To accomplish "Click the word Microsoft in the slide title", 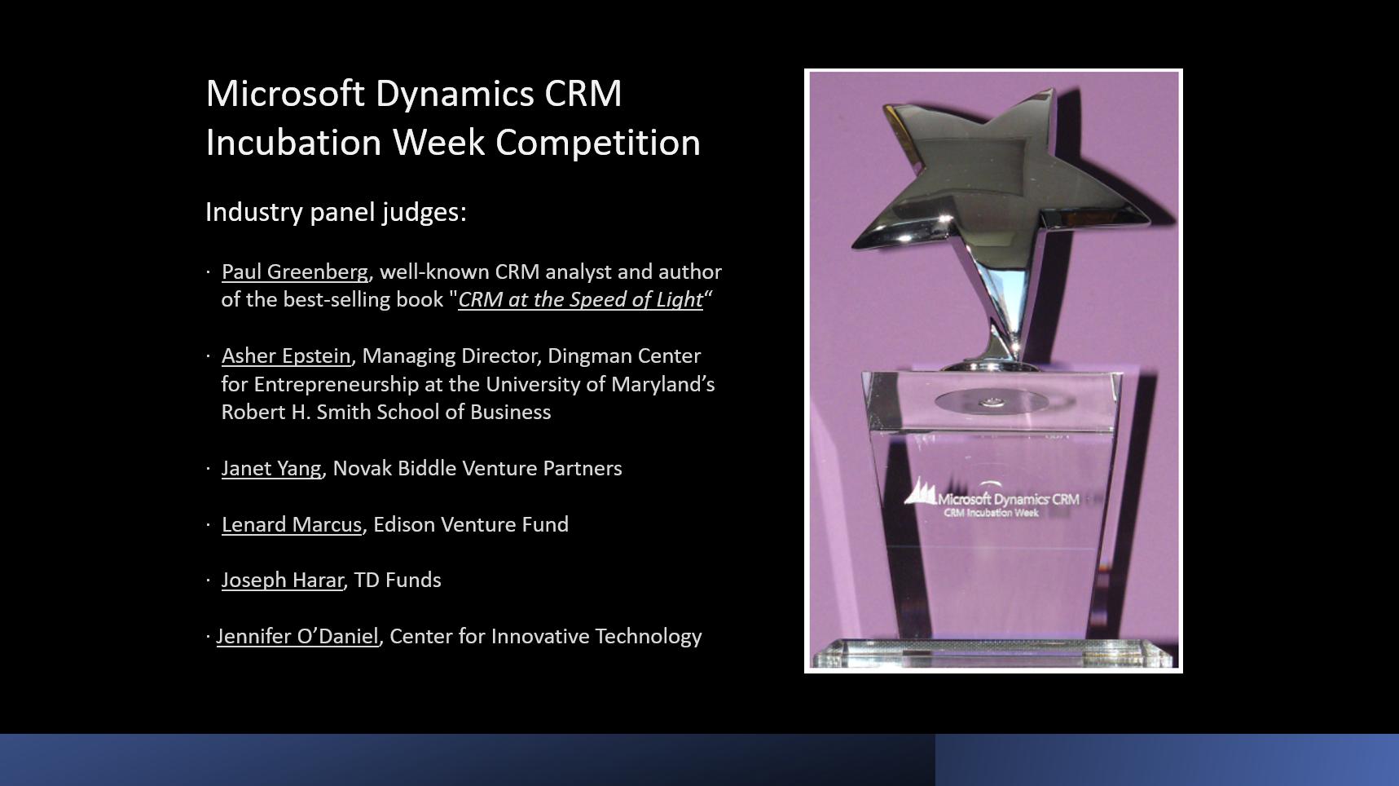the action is pyautogui.click(x=285, y=93).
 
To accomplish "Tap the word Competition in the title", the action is pyautogui.click(x=598, y=143).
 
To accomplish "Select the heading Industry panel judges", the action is pyautogui.click(x=336, y=212).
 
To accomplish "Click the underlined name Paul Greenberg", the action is pyautogui.click(x=295, y=272).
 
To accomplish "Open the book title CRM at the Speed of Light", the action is pyautogui.click(x=580, y=300).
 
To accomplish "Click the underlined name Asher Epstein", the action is pyautogui.click(x=286, y=356).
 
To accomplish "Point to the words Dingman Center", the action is pyautogui.click(x=624, y=356).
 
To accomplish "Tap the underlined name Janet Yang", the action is pyautogui.click(x=271, y=469).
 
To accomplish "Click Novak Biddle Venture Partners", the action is pyautogui.click(x=477, y=469).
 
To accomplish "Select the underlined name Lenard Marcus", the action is pyautogui.click(x=292, y=524).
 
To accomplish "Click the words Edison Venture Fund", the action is pyautogui.click(x=471, y=524).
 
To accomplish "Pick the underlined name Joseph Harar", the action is pyautogui.click(x=283, y=581).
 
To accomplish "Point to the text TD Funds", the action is pyautogui.click(x=398, y=581).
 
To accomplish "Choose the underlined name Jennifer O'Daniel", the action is pyautogui.click(x=297, y=637).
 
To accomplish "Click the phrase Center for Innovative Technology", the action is pyautogui.click(x=546, y=637).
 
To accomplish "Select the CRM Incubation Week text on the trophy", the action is pyautogui.click(x=991, y=513).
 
